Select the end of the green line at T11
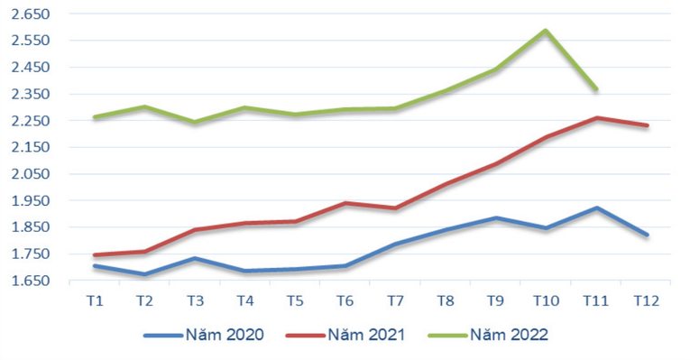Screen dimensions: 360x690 [596, 89]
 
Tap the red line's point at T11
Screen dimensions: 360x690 [596, 117]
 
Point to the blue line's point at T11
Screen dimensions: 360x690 [596, 208]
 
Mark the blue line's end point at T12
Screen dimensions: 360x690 [647, 235]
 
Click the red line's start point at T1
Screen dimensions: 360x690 [95, 255]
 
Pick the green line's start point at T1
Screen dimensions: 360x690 [95, 117]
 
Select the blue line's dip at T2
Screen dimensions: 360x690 [145, 274]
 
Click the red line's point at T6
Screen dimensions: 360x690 [345, 203]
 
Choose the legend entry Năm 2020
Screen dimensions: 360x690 [204, 335]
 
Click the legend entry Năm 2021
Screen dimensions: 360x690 [345, 335]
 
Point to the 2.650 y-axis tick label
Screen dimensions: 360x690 [32, 14]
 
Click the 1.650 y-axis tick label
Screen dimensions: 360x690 [32, 281]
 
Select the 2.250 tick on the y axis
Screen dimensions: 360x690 [32, 121]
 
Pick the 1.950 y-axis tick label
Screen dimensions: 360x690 [32, 200]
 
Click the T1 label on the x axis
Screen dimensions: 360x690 [95, 300]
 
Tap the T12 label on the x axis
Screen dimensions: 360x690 [646, 300]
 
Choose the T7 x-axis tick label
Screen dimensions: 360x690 [395, 300]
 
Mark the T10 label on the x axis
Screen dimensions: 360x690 [546, 300]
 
